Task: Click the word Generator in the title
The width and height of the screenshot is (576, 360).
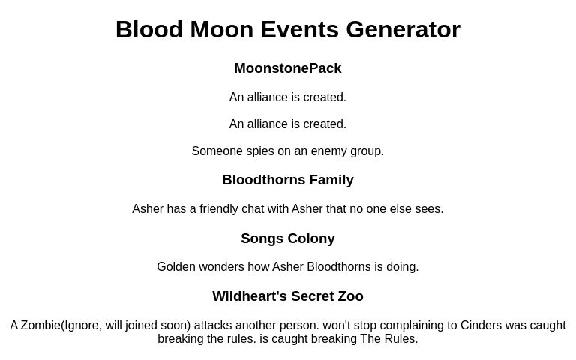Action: pos(403,29)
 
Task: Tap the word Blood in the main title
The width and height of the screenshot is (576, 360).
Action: pos(149,29)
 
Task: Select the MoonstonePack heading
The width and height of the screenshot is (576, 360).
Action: pos(288,68)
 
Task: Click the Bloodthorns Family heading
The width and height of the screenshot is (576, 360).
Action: pos(288,180)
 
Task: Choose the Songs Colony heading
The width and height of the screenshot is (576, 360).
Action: pos(288,238)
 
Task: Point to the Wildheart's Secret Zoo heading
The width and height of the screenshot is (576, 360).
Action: pos(288,296)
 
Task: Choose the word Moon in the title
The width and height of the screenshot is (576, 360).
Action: pos(222,29)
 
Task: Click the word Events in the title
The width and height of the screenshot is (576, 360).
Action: pos(300,29)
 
